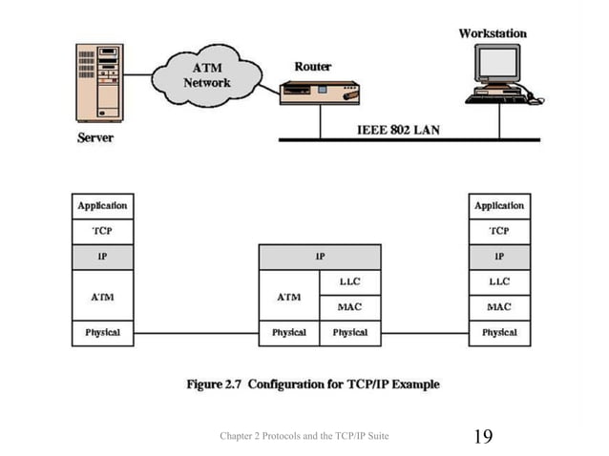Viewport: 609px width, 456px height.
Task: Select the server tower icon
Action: coord(100,84)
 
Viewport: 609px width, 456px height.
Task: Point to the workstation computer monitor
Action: coord(498,65)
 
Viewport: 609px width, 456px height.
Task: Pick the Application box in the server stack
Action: coord(102,206)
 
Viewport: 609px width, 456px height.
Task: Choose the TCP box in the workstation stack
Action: coord(499,232)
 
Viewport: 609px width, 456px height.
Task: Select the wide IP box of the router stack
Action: coord(320,258)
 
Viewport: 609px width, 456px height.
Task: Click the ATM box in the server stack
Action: coord(102,296)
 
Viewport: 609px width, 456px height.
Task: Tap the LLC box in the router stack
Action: coord(350,282)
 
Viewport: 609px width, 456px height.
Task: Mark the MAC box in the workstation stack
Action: coord(499,307)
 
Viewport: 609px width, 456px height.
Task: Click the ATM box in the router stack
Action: coord(289,296)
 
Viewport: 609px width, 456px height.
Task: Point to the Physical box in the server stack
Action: coord(102,333)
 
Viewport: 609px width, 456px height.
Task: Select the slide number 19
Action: coord(483,437)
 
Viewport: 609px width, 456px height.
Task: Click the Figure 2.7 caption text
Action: coord(312,384)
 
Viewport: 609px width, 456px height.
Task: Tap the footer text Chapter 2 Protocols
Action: coord(304,437)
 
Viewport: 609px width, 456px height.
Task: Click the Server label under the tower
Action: coord(94,138)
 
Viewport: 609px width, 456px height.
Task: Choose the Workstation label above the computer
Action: coord(493,33)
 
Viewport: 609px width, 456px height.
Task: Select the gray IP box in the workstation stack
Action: coord(499,258)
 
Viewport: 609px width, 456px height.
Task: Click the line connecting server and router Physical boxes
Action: coord(196,334)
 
